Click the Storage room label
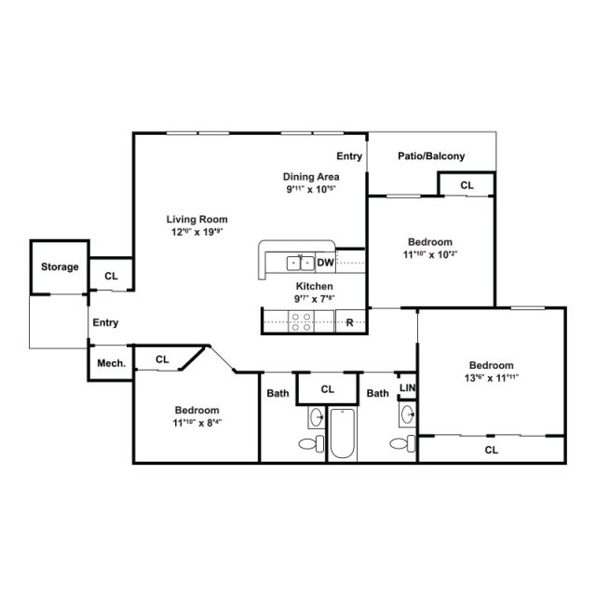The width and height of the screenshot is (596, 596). (60, 267)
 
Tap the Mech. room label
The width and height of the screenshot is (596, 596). (105, 364)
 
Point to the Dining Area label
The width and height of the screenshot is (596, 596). (311, 176)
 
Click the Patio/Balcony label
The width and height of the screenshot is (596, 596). (431, 156)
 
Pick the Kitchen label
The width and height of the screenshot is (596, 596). (315, 286)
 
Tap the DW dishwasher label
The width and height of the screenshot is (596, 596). (325, 263)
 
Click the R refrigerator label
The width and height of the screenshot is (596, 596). (349, 323)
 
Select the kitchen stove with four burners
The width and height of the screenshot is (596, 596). (303, 322)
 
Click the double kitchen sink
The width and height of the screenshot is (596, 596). (300, 263)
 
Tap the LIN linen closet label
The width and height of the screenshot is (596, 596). (407, 387)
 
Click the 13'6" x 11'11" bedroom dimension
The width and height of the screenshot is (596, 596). (491, 378)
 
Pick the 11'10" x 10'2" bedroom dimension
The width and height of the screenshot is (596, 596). (428, 253)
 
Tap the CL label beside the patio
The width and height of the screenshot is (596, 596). (467, 185)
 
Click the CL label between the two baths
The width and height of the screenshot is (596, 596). (328, 389)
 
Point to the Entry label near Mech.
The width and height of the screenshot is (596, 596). (105, 323)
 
